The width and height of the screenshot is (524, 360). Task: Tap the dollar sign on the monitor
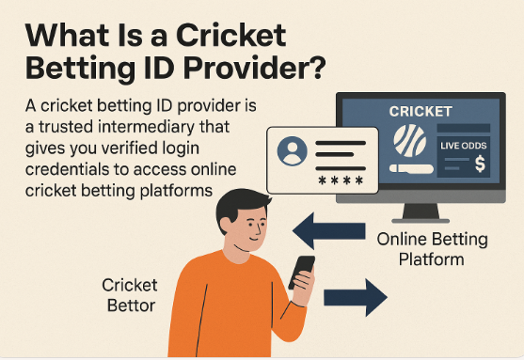(x=479, y=163)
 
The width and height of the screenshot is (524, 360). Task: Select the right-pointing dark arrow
(x=356, y=299)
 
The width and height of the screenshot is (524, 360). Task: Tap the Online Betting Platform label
(x=433, y=248)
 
